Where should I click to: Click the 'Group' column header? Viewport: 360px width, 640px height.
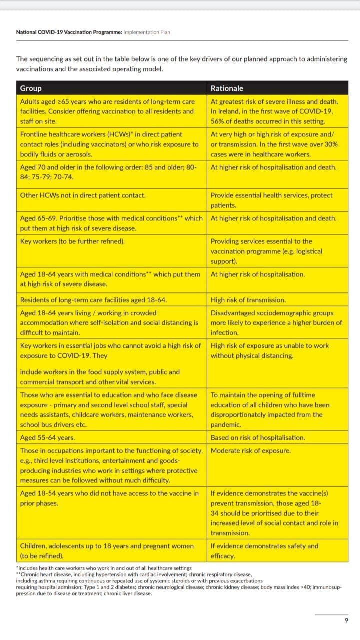pos(31,88)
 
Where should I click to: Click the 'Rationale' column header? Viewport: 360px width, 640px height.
pos(227,88)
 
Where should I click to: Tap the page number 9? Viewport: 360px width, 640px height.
pos(346,620)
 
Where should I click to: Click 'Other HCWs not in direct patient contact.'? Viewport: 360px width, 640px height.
pos(83,195)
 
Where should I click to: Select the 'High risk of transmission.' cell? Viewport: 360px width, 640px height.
pos(248,300)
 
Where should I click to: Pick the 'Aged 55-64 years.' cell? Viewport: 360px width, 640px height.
pos(47,437)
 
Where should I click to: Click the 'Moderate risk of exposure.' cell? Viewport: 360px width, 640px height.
pos(250,450)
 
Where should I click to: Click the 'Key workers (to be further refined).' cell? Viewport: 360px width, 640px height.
pos(72,241)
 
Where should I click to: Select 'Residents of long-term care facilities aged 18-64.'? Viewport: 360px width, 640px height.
pos(93,300)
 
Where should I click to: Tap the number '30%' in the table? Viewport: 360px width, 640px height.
pos(330,144)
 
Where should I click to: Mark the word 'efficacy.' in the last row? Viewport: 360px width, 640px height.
pos(223,556)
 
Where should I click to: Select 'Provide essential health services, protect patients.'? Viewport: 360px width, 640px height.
pos(271,200)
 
